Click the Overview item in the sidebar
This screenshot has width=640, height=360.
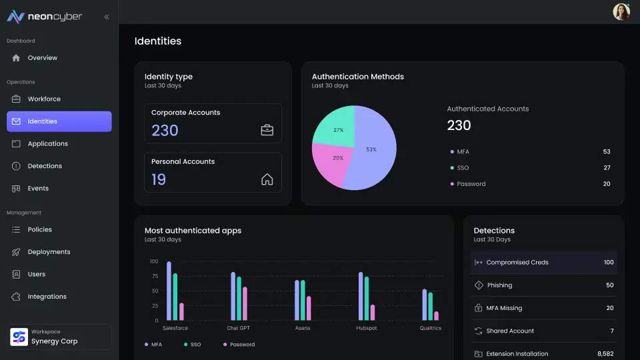click(42, 58)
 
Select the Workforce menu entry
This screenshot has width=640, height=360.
click(44, 99)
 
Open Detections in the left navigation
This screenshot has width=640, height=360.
click(45, 166)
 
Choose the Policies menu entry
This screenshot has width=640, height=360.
click(39, 229)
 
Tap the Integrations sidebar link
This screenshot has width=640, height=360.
click(47, 297)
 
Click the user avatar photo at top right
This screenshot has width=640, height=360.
click(621, 11)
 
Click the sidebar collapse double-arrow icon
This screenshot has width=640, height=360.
click(107, 17)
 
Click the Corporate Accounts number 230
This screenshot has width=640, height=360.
click(165, 131)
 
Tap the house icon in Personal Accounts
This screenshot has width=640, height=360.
click(267, 179)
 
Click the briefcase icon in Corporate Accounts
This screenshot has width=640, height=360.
click(267, 130)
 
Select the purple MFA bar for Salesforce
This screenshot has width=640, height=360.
click(169, 291)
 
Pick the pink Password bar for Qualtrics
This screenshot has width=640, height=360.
click(437, 315)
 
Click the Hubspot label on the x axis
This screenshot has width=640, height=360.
click(367, 328)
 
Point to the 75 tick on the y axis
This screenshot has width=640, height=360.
click(154, 276)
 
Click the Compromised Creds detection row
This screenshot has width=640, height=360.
click(543, 263)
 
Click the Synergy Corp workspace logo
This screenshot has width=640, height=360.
click(19, 337)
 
